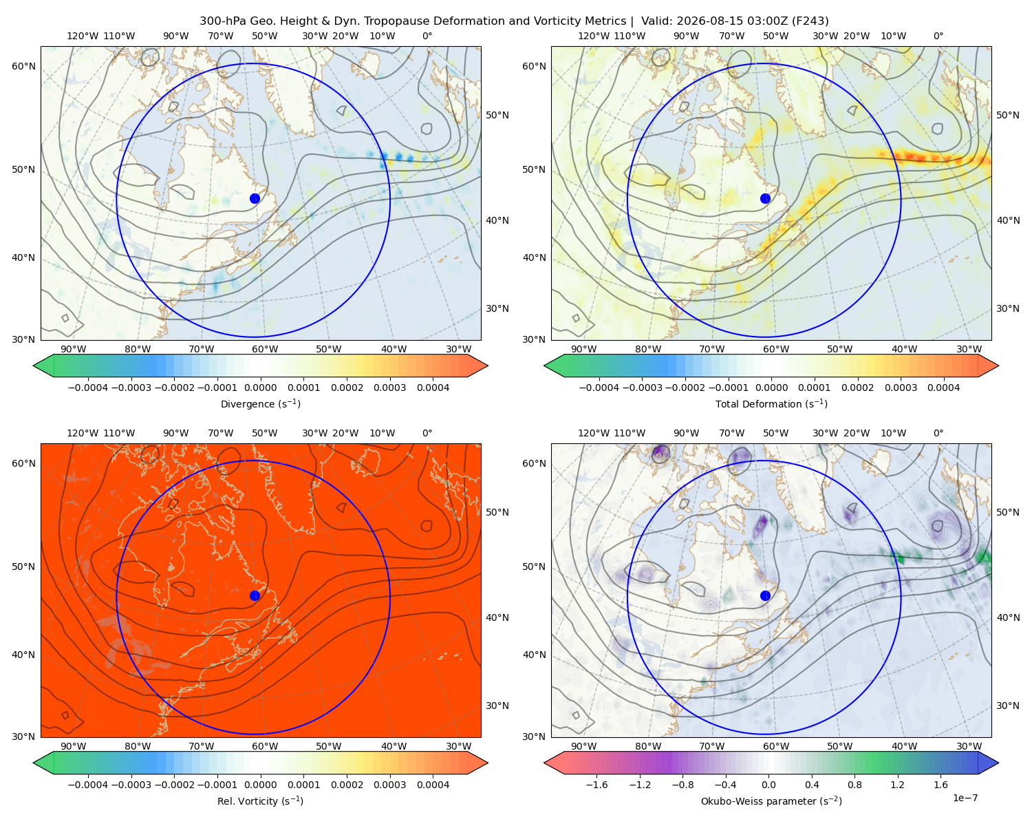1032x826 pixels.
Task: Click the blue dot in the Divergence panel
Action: tap(255, 199)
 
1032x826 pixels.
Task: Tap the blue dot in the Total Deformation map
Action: tap(765, 199)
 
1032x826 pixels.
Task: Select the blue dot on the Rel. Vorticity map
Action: tap(255, 595)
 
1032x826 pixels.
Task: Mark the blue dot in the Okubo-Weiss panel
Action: tap(765, 595)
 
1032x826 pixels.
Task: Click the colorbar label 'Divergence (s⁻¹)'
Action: tap(260, 404)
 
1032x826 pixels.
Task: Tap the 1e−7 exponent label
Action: tap(965, 798)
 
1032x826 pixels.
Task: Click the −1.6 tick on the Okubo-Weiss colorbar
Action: tap(597, 785)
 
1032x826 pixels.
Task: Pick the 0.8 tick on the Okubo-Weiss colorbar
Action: tap(854, 785)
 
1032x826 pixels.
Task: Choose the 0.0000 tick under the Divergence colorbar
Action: tap(260, 388)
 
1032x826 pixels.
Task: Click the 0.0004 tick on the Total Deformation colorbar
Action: tap(944, 388)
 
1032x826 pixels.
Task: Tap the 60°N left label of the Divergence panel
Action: tap(24, 66)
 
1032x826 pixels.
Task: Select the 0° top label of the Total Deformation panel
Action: tap(938, 36)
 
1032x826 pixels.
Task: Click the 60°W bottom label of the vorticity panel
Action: tap(265, 746)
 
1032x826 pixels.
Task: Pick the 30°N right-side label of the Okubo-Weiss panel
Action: tap(1007, 706)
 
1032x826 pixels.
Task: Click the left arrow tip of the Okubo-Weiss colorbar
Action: tap(544, 763)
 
